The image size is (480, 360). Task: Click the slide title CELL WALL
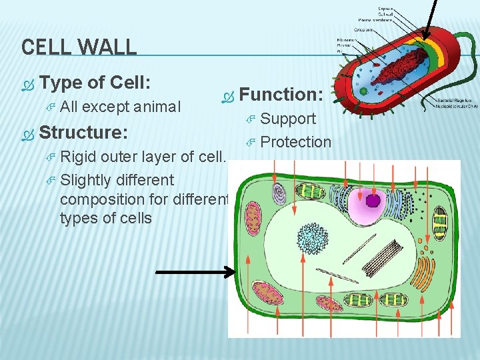[x=79, y=47]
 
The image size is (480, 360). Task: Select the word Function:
[x=281, y=94]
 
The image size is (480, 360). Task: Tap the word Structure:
[x=83, y=132]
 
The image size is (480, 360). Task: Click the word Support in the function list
[x=288, y=119]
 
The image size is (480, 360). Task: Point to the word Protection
[x=295, y=142]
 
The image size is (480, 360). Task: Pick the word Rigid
[x=79, y=157]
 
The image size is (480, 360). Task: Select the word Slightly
[x=85, y=180]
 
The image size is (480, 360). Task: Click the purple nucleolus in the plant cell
[x=373, y=200]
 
